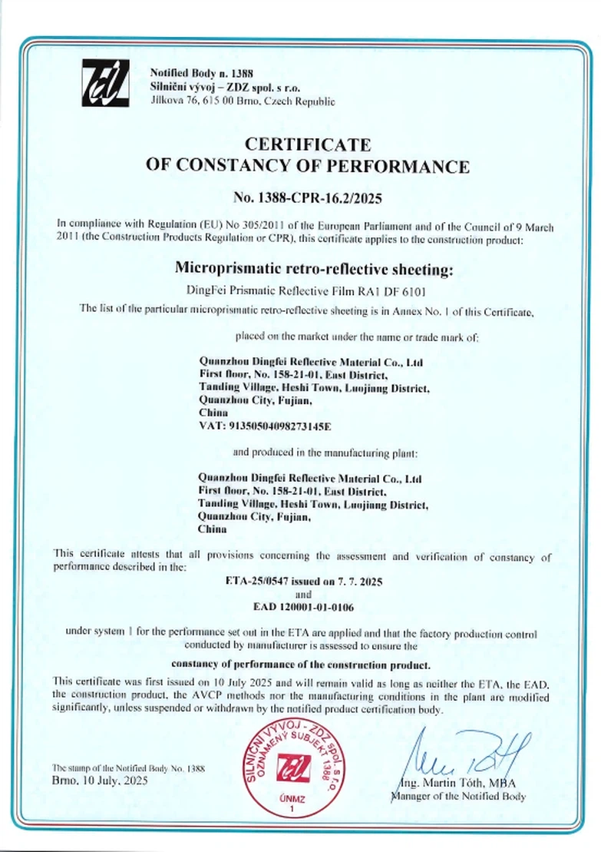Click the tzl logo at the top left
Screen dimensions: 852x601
(x=107, y=85)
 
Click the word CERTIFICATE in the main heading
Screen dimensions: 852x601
(x=307, y=144)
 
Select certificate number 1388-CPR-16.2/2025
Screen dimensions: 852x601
(x=307, y=197)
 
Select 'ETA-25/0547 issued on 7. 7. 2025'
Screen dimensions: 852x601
(x=303, y=582)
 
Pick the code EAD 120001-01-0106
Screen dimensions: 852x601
(x=303, y=607)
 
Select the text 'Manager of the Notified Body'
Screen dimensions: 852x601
(x=458, y=796)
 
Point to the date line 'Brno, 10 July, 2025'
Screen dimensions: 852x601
(x=100, y=780)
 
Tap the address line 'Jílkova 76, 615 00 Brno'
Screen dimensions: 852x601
(x=243, y=101)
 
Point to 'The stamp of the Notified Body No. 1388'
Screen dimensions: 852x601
(x=128, y=768)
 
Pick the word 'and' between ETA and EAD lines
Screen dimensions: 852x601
(x=303, y=594)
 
